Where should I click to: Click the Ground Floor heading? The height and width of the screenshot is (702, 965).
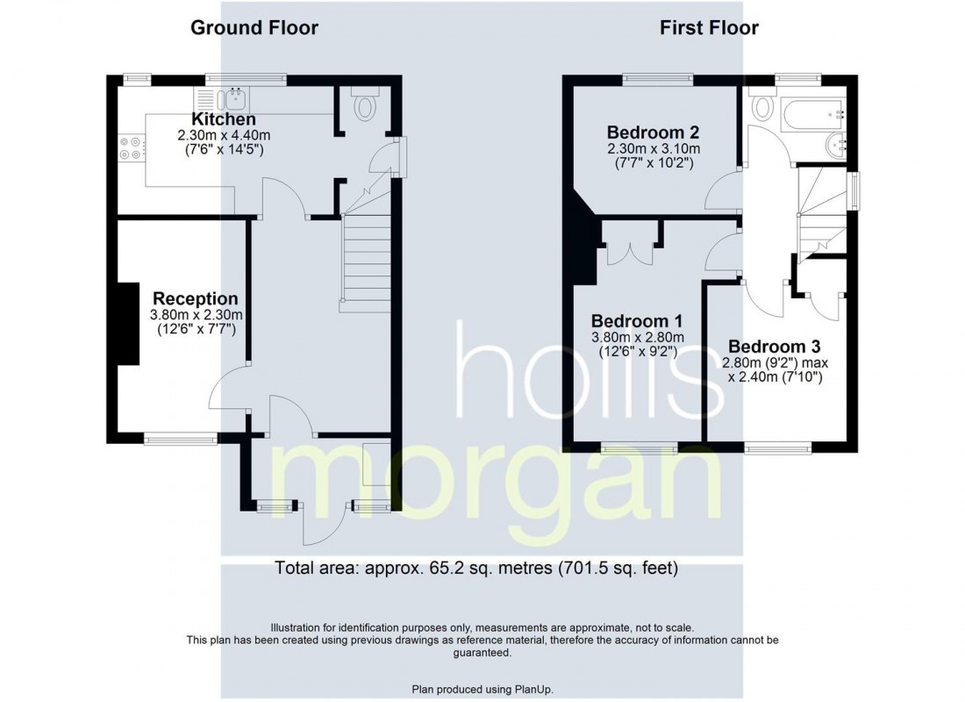point(254,28)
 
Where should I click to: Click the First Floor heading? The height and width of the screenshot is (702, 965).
point(709,28)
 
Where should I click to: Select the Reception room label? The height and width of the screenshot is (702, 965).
point(196,299)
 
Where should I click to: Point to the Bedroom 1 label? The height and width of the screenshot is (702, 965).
point(637,321)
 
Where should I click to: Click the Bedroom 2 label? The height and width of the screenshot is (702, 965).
point(653,133)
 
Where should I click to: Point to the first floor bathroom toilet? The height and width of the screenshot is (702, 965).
point(762,109)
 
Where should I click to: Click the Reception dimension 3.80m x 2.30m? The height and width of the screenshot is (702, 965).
point(196,315)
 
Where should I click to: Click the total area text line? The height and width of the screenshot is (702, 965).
point(476,567)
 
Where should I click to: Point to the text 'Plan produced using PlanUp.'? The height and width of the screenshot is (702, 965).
point(482,689)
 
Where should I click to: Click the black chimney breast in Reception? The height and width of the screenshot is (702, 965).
point(128,323)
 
